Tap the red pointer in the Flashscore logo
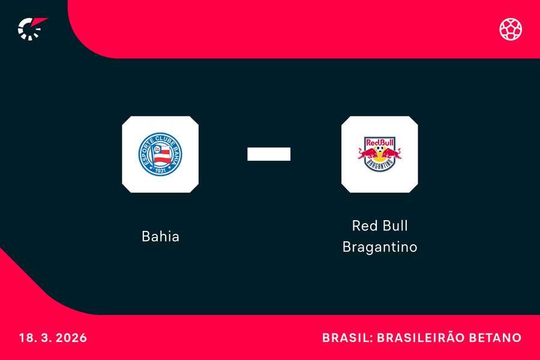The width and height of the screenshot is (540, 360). click(x=40, y=23)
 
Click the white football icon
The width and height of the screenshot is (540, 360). click(x=511, y=28)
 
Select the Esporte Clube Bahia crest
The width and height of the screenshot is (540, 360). click(x=160, y=154)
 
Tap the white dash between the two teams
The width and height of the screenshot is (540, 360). click(x=269, y=154)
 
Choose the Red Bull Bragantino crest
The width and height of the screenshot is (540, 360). click(x=379, y=154)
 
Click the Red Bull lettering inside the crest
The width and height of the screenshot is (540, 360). click(x=379, y=143)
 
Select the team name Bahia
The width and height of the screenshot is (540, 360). click(x=160, y=236)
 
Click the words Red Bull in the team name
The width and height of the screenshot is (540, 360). click(x=379, y=226)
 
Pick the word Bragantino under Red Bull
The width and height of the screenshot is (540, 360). click(x=379, y=247)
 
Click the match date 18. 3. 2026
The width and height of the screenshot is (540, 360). click(x=53, y=338)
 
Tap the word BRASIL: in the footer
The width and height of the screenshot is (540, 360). click(x=346, y=338)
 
